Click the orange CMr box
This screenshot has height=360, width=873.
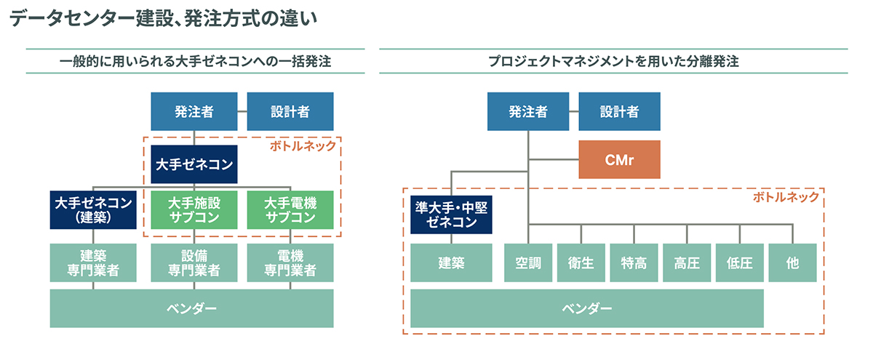click(619, 159)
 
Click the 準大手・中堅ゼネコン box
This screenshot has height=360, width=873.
click(451, 215)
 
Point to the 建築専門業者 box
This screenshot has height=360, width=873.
click(93, 263)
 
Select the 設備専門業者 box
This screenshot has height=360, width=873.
click(194, 263)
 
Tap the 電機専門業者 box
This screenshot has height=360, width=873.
click(290, 263)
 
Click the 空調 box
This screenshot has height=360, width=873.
click(527, 263)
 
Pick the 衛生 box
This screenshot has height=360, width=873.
click(581, 263)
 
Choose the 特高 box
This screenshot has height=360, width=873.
click(634, 263)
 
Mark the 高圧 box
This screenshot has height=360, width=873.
click(687, 263)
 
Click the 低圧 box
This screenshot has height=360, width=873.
click(740, 263)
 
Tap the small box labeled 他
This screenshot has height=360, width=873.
click(792, 263)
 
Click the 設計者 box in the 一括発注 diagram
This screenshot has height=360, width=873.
click(290, 111)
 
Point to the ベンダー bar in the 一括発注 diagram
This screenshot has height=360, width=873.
click(191, 308)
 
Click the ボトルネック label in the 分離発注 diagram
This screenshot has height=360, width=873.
click(785, 197)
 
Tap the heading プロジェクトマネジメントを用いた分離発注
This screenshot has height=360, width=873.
click(613, 62)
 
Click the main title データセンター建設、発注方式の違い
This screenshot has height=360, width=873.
click(162, 20)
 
